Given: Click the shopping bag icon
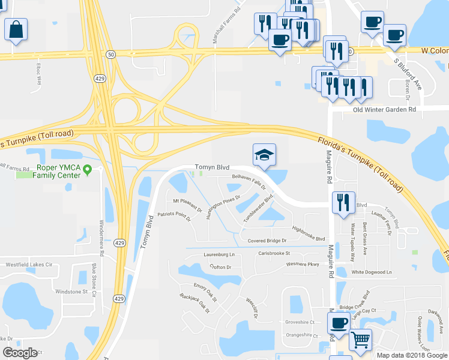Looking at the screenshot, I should click(16, 28).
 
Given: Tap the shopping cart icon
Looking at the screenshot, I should click(360, 340).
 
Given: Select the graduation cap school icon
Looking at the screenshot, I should click(264, 155).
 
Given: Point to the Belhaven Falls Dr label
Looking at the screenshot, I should click(249, 182).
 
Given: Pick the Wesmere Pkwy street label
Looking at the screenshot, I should click(303, 263).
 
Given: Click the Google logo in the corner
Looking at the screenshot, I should click(20, 353).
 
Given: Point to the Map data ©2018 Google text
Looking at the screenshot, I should click(412, 355).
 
